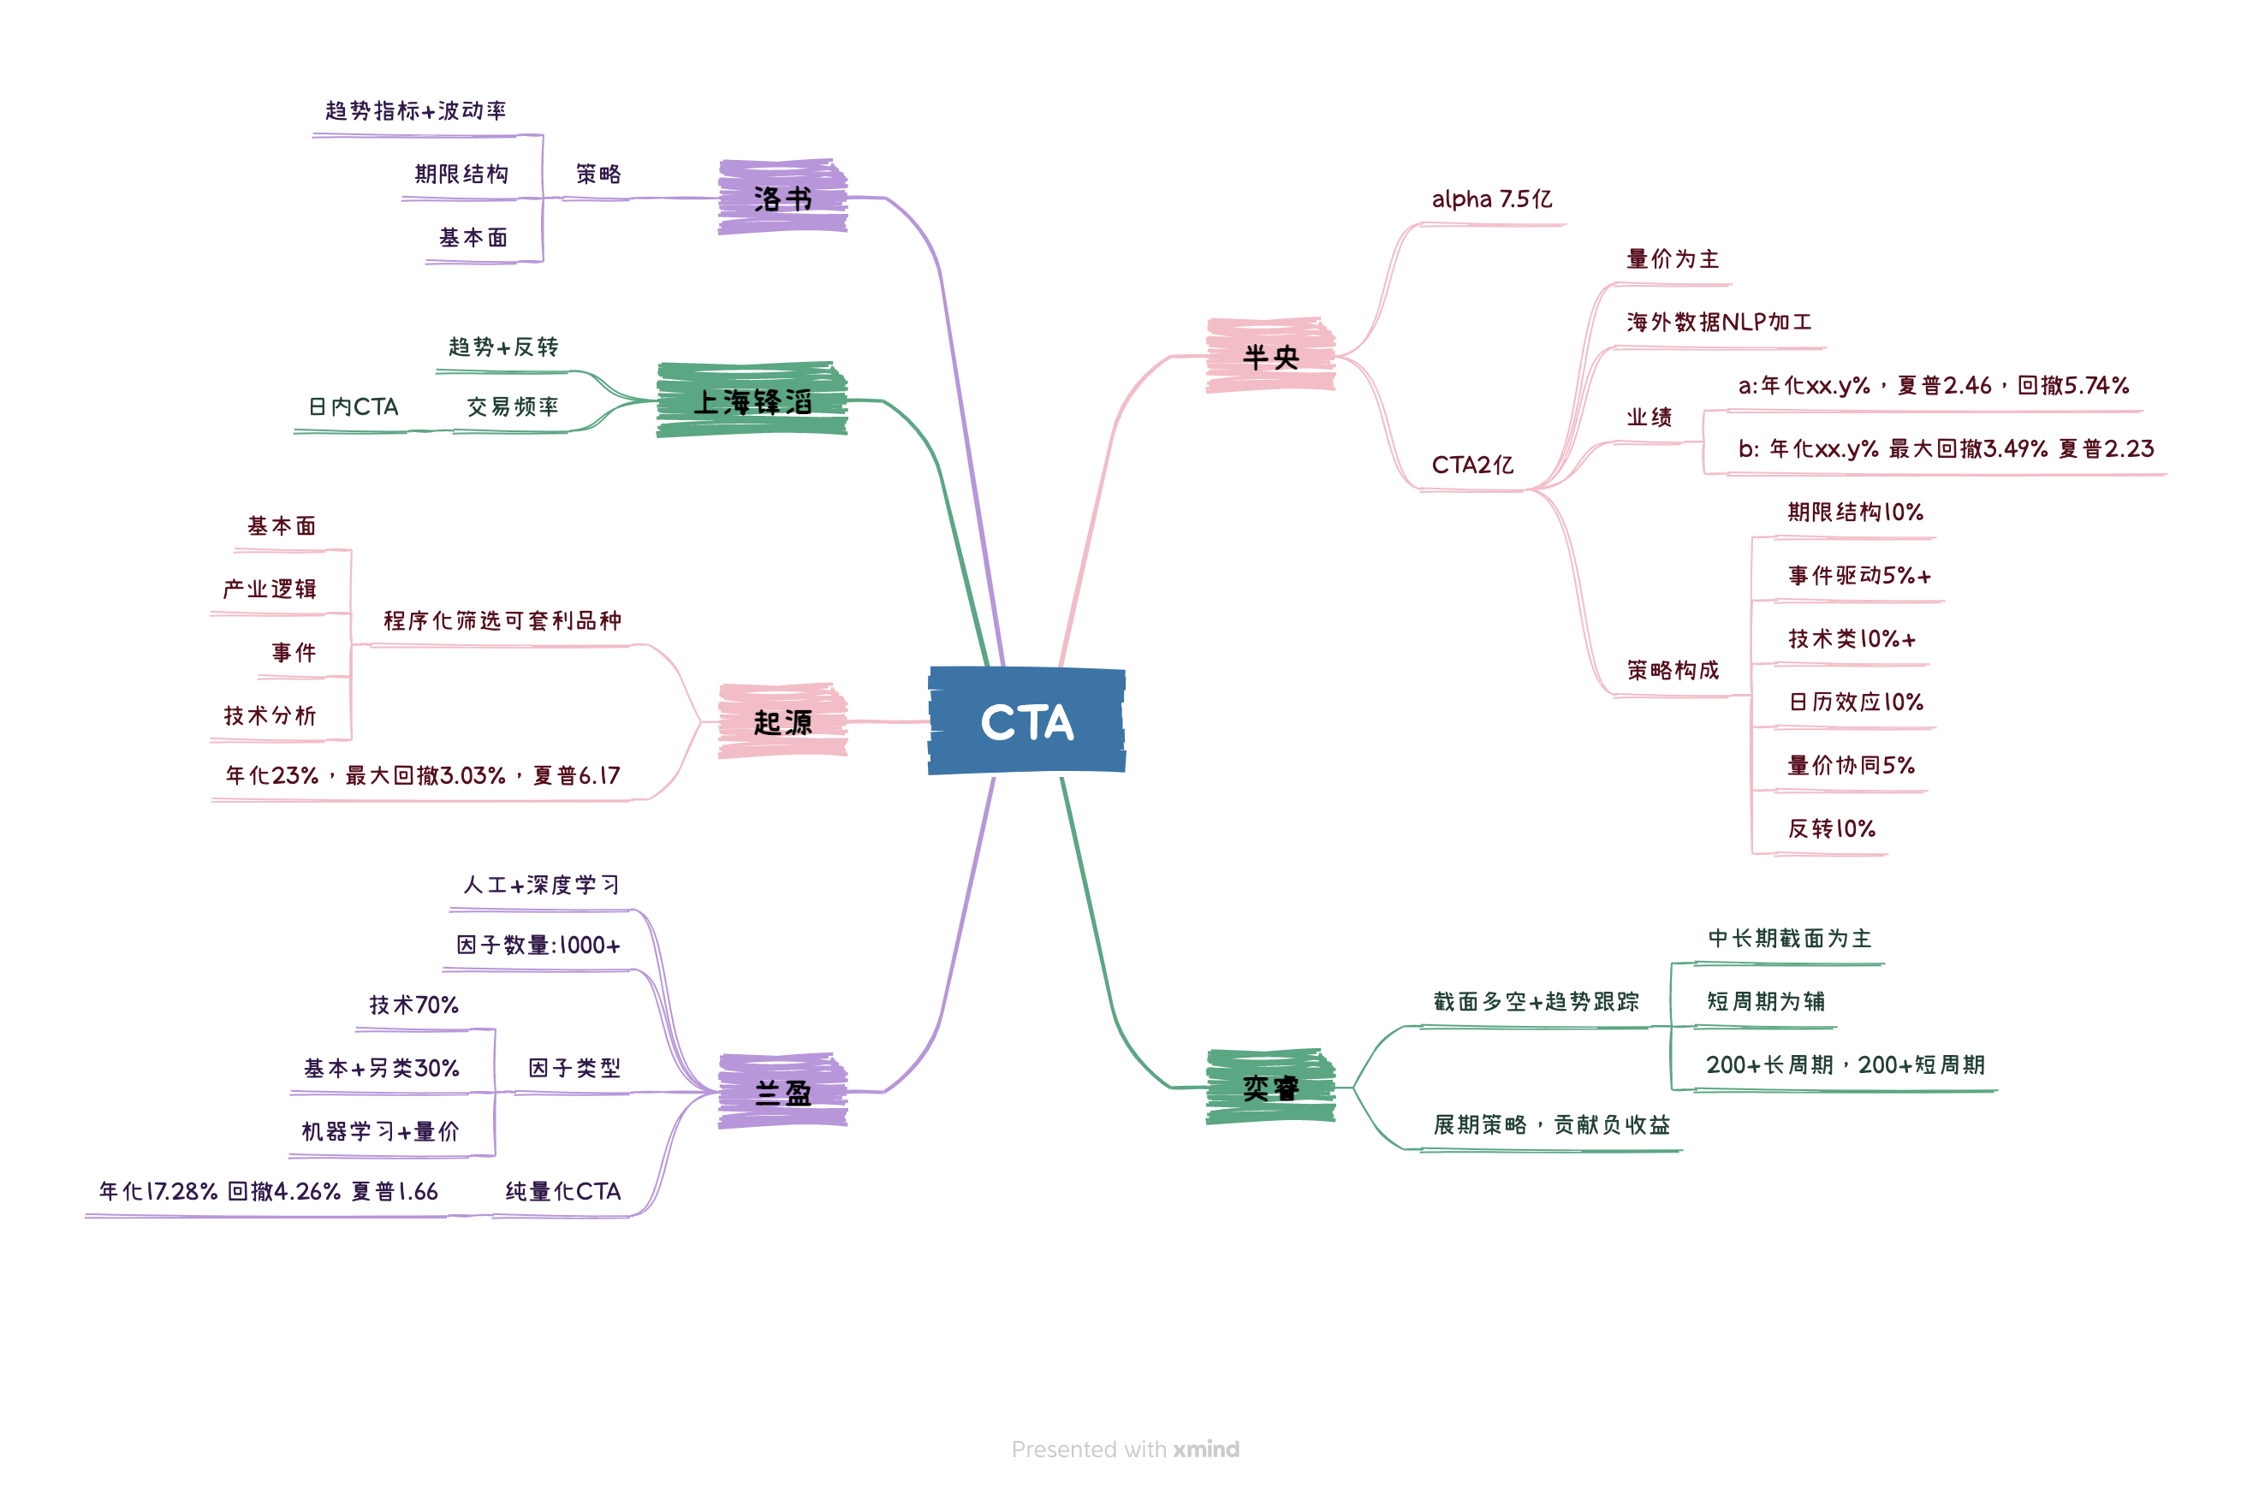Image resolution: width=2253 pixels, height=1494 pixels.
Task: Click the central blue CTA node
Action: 1026,720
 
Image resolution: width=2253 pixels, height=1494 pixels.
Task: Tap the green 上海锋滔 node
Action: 752,400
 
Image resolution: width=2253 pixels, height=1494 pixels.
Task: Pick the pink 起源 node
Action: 782,721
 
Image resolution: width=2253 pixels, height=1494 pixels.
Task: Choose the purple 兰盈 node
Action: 782,1091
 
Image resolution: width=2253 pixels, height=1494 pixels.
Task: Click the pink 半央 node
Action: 1270,355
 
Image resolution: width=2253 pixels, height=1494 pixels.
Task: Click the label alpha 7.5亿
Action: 1491,199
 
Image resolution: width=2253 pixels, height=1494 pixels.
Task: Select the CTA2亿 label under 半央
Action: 1472,465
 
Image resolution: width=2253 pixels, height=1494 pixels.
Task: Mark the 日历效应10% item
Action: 1856,703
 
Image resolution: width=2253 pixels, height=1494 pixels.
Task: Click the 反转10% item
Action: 1831,828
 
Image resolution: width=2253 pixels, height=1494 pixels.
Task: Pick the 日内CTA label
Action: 354,406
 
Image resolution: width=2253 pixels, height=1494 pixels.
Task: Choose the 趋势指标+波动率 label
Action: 415,110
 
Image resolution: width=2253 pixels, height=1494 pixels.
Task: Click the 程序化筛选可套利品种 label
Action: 502,620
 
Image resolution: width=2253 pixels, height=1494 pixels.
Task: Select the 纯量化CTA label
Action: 562,1191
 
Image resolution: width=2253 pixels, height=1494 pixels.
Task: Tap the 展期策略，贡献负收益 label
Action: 1550,1124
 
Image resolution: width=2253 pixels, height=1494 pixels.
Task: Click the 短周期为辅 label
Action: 1765,1001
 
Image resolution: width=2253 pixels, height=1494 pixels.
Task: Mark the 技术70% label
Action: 413,1005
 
